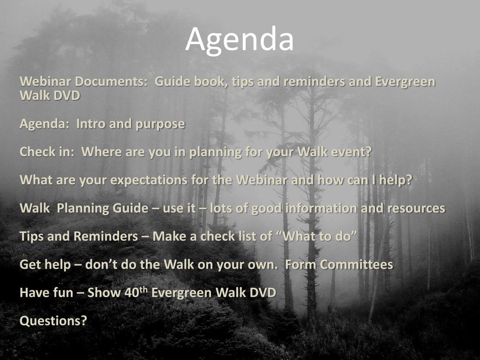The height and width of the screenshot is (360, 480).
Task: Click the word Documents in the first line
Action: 111,82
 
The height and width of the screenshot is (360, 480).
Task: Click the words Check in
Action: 46,152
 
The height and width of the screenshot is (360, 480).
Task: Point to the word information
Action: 321,208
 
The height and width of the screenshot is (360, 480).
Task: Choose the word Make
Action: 169,236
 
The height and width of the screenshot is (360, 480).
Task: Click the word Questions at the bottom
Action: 53,321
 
